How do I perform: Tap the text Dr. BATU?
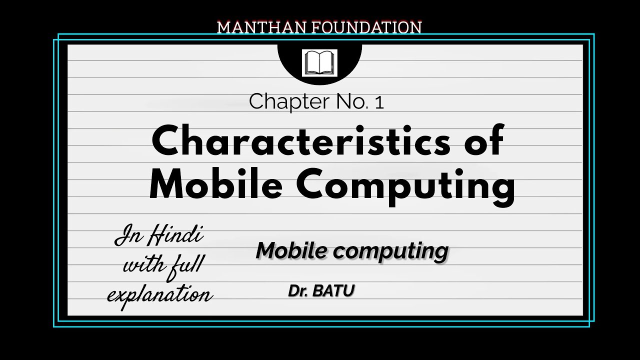point(321,290)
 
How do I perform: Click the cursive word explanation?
point(160,295)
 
